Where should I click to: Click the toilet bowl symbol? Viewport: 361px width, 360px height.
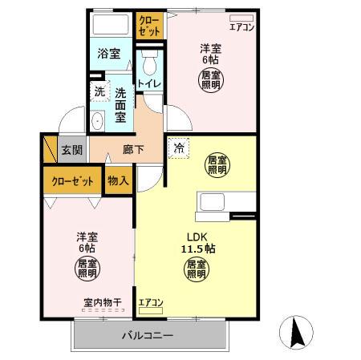pos(150,63)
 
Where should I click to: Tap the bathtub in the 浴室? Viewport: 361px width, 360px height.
pos(111,24)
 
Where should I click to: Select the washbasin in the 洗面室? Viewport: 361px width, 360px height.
pos(97,121)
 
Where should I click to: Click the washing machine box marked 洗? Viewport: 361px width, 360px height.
pos(99,91)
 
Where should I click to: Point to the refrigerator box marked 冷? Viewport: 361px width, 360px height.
pos(179,148)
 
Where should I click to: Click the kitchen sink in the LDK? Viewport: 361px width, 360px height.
pos(213,202)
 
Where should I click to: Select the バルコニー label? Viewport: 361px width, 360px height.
pos(148,335)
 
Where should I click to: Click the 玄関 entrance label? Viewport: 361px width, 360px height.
pos(72,150)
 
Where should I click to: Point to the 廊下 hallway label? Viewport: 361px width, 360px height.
pos(133,150)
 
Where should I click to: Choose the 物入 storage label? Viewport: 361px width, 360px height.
pos(118,180)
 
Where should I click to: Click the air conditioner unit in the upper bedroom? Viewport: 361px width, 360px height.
pos(241,18)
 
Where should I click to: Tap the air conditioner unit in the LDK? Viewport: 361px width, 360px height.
pos(151,310)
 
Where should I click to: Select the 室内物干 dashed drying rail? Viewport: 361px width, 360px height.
pos(103,310)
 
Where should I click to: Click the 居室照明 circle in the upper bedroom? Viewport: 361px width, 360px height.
pos(211,80)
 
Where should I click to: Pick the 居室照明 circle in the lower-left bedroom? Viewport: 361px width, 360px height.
pos(87,269)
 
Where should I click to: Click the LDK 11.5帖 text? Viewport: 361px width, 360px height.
pos(198,243)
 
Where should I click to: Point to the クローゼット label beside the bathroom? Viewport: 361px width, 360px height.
pos(150,26)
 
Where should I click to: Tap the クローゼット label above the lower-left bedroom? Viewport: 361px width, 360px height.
pos(73,181)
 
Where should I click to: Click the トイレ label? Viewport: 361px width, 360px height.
pos(149,83)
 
